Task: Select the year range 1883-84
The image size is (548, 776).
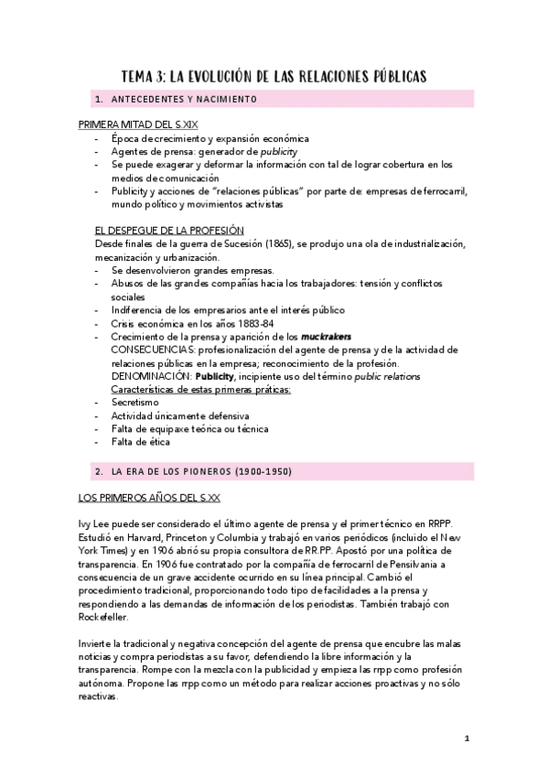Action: pos(253,323)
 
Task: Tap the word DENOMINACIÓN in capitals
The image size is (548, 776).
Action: pos(148,376)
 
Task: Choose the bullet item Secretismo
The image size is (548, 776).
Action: pos(134,402)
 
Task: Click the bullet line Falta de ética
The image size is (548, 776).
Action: pos(141,442)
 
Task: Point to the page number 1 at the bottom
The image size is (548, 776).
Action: pos(467,738)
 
